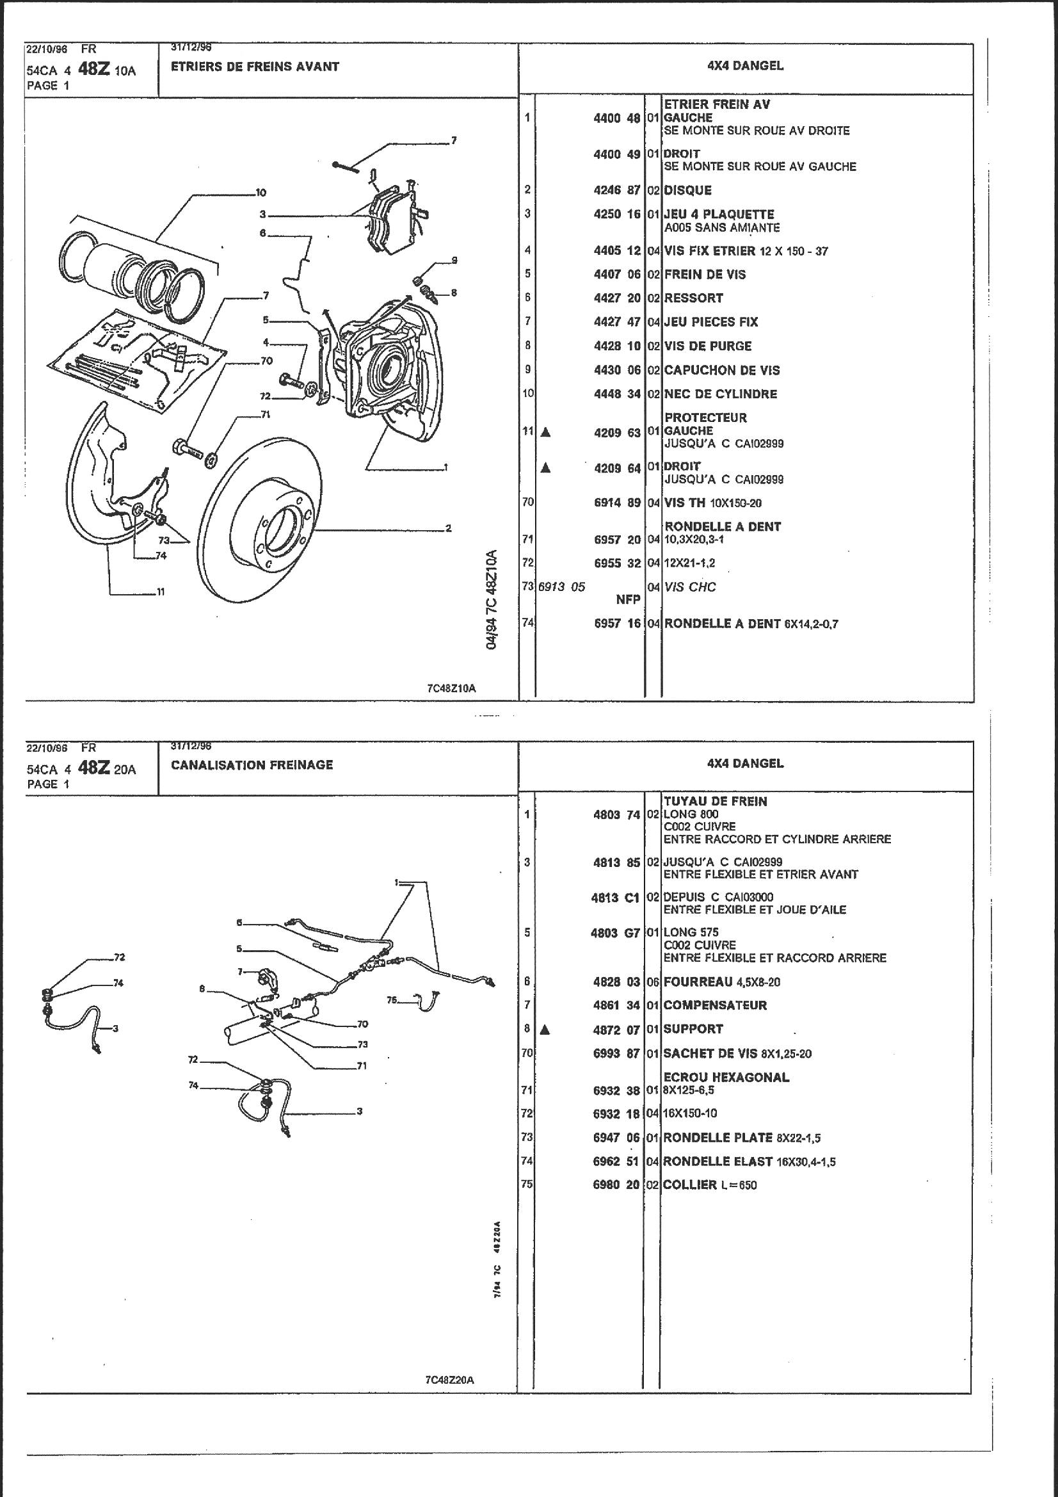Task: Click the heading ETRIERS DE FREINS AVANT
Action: coord(255,67)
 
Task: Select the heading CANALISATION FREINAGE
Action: coord(252,765)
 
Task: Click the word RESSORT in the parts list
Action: coord(694,298)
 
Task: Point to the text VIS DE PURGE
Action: coord(707,346)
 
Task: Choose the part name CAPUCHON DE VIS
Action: coord(721,370)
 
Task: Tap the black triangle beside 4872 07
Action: coord(545,1030)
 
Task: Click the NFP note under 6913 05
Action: coord(629,599)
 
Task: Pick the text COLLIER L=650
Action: coord(709,1185)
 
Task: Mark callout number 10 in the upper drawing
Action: coord(260,192)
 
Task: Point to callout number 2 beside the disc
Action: coord(449,528)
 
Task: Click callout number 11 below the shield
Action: coord(161,592)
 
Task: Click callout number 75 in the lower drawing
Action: coord(392,999)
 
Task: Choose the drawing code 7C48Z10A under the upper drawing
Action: coord(451,689)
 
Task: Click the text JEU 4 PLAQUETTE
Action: coord(719,214)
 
